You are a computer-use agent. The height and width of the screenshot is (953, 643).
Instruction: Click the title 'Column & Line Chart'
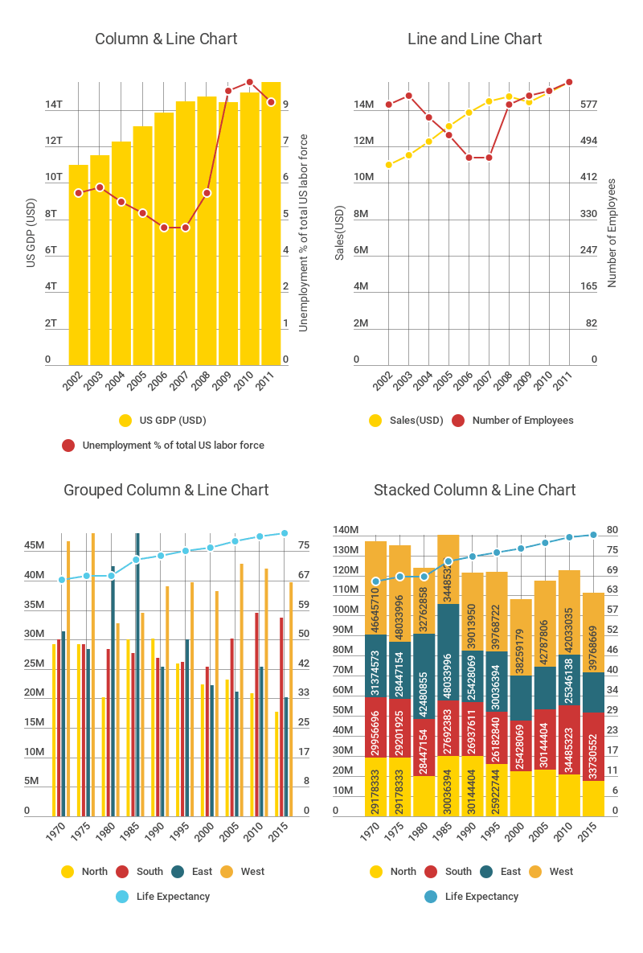coord(166,39)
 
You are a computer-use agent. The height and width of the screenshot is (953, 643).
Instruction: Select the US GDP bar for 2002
coord(78,265)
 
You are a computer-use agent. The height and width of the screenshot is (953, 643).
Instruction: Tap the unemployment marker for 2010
coord(250,82)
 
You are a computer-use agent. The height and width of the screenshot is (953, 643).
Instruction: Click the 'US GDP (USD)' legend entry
coord(172,420)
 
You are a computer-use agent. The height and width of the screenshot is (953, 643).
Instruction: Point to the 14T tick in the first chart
coord(54,105)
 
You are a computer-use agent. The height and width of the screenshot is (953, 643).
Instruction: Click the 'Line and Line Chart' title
coord(474,39)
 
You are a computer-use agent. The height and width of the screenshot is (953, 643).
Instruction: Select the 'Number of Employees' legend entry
coord(522,420)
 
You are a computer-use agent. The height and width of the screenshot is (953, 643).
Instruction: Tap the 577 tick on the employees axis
coord(589,105)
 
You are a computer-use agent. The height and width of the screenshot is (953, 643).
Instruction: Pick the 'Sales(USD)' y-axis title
coord(340,233)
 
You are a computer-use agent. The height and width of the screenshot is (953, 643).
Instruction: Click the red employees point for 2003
coord(408,96)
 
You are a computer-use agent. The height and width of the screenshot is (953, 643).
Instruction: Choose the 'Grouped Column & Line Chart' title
coord(166,490)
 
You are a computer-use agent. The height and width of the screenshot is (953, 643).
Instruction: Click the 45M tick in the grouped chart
coord(35,546)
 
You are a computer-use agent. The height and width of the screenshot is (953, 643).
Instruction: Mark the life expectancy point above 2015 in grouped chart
coord(284,532)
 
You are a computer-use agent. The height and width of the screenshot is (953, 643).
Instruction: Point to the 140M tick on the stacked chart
coord(346,530)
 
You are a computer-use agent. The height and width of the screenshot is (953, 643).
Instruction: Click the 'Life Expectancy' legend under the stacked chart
coord(481,896)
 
